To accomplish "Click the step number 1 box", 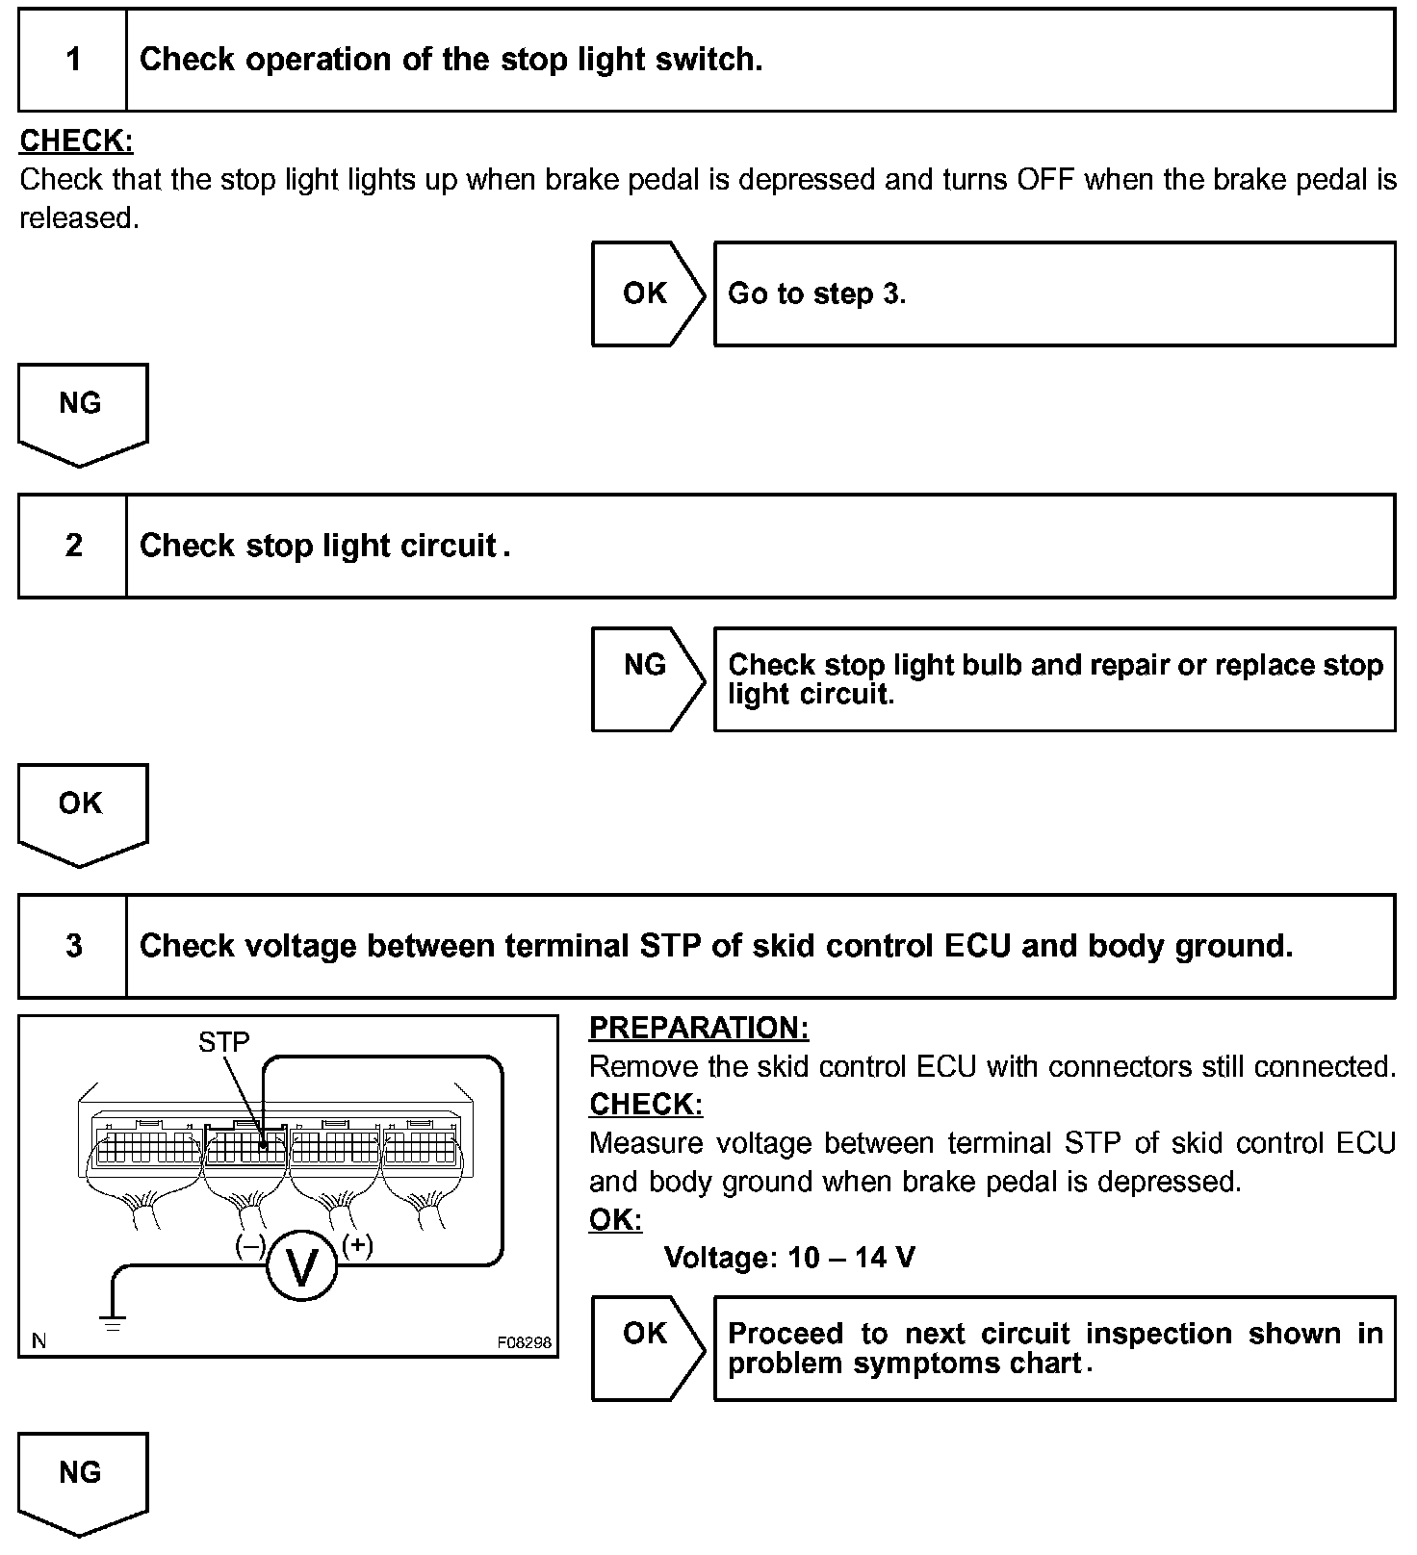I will pyautogui.click(x=73, y=60).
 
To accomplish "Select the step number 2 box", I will pyautogui.click(x=73, y=546).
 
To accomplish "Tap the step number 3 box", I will pyautogui.click(x=73, y=946).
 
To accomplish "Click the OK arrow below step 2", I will pyautogui.click(x=82, y=811).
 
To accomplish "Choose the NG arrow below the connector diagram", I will pyautogui.click(x=82, y=1480).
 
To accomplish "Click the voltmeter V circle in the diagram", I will pyautogui.click(x=301, y=1268).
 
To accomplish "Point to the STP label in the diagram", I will pyautogui.click(x=223, y=1041).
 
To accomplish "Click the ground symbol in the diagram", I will pyautogui.click(x=114, y=1322).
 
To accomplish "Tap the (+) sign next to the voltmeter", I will pyautogui.click(x=357, y=1244).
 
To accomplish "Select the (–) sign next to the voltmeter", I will pyautogui.click(x=250, y=1245).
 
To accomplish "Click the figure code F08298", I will pyautogui.click(x=525, y=1341).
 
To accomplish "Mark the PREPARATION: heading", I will pyautogui.click(x=699, y=1028).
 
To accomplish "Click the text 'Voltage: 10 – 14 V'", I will pyautogui.click(x=789, y=1257).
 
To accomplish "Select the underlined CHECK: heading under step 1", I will pyautogui.click(x=76, y=140).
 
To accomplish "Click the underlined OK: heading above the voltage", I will pyautogui.click(x=615, y=1219).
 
